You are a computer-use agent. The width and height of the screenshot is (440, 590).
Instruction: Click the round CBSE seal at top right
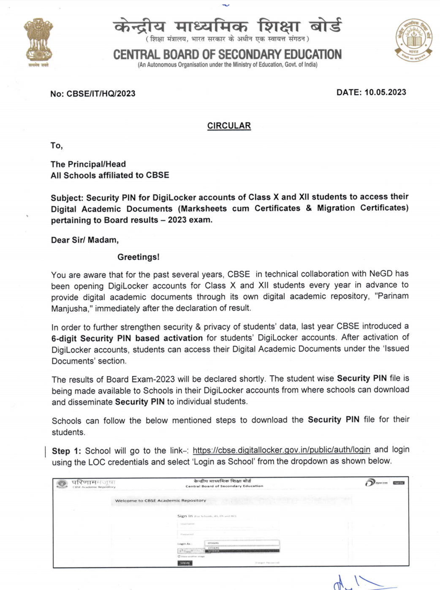click(x=413, y=41)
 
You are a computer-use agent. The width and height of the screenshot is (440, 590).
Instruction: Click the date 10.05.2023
click(x=385, y=93)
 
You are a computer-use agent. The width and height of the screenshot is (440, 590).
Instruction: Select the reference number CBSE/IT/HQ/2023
click(x=101, y=94)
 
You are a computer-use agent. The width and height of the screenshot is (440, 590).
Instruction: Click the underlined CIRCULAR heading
click(x=229, y=126)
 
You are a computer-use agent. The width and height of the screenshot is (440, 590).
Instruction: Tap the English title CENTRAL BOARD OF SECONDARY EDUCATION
click(x=227, y=55)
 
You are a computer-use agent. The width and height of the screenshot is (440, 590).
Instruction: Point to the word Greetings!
click(x=138, y=257)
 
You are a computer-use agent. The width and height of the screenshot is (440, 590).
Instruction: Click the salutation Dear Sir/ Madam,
click(x=84, y=240)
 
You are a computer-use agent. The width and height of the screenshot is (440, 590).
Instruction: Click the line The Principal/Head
click(x=88, y=164)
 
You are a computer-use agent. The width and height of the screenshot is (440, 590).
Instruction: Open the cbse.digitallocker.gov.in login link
click(x=281, y=450)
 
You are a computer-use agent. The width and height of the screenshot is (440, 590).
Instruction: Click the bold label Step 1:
click(x=66, y=451)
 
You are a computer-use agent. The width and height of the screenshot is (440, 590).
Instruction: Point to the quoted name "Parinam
click(x=391, y=296)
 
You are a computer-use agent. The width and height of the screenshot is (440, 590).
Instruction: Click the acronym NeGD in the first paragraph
click(x=381, y=273)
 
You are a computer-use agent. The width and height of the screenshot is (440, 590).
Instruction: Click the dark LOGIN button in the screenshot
click(x=185, y=563)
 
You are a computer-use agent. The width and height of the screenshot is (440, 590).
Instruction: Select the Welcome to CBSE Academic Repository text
click(x=160, y=500)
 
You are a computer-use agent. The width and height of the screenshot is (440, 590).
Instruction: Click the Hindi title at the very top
click(x=227, y=26)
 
